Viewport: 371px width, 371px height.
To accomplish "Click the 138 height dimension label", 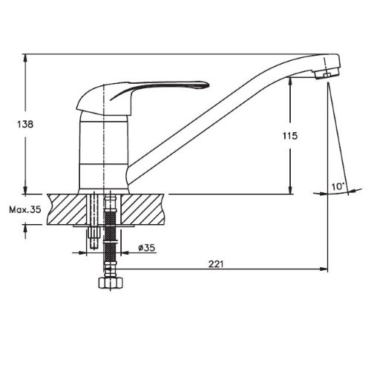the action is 25,124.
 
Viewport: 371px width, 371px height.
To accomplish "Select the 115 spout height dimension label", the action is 290,136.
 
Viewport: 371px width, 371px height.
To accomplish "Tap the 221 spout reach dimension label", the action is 216,264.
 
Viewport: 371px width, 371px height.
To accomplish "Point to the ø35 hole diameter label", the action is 147,248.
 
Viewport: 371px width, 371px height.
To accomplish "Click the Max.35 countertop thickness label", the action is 25,210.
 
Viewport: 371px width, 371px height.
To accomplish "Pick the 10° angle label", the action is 338,186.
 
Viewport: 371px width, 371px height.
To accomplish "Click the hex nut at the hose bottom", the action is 111,283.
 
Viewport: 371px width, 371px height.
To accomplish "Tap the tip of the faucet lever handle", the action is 209,85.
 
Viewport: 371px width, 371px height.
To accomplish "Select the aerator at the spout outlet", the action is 324,73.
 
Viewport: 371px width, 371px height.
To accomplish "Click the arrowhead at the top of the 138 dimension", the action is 25,58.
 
